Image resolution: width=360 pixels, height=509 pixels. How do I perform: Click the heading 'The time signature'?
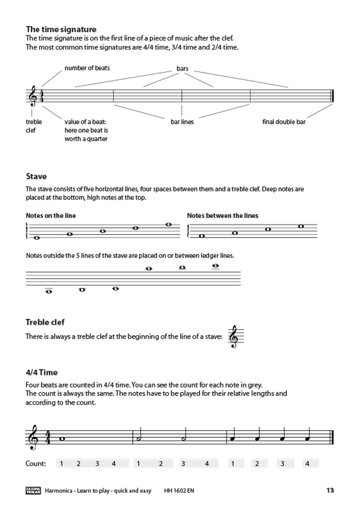(x=61, y=29)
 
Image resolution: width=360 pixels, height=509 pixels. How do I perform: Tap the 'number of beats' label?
(x=87, y=68)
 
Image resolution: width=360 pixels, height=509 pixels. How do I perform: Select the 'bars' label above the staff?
(x=182, y=68)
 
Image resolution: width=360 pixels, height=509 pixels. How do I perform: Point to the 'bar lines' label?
(x=182, y=122)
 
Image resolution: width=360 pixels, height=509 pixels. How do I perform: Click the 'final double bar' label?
(x=284, y=122)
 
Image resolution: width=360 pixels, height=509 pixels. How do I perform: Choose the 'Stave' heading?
(x=36, y=177)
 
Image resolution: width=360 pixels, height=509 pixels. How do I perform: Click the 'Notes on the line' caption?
(x=51, y=215)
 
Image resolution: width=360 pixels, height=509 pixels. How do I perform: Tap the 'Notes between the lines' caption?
(x=222, y=215)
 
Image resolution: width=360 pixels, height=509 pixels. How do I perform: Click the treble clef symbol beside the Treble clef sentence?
(x=234, y=337)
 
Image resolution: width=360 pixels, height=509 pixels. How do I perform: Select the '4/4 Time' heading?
(x=41, y=372)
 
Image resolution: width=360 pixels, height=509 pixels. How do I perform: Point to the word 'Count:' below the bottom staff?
(x=36, y=464)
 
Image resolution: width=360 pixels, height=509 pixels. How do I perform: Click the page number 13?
(x=330, y=490)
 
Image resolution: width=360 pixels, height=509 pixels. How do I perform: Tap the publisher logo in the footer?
(x=33, y=490)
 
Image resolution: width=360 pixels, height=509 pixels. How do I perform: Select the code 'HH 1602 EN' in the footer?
(x=179, y=491)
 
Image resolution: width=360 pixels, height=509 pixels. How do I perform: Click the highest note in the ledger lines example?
(x=215, y=266)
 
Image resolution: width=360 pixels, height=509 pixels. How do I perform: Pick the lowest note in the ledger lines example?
(x=49, y=291)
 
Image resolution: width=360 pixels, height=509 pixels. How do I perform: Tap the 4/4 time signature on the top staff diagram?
(x=42, y=96)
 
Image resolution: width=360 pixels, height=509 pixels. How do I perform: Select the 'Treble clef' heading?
(x=45, y=322)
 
